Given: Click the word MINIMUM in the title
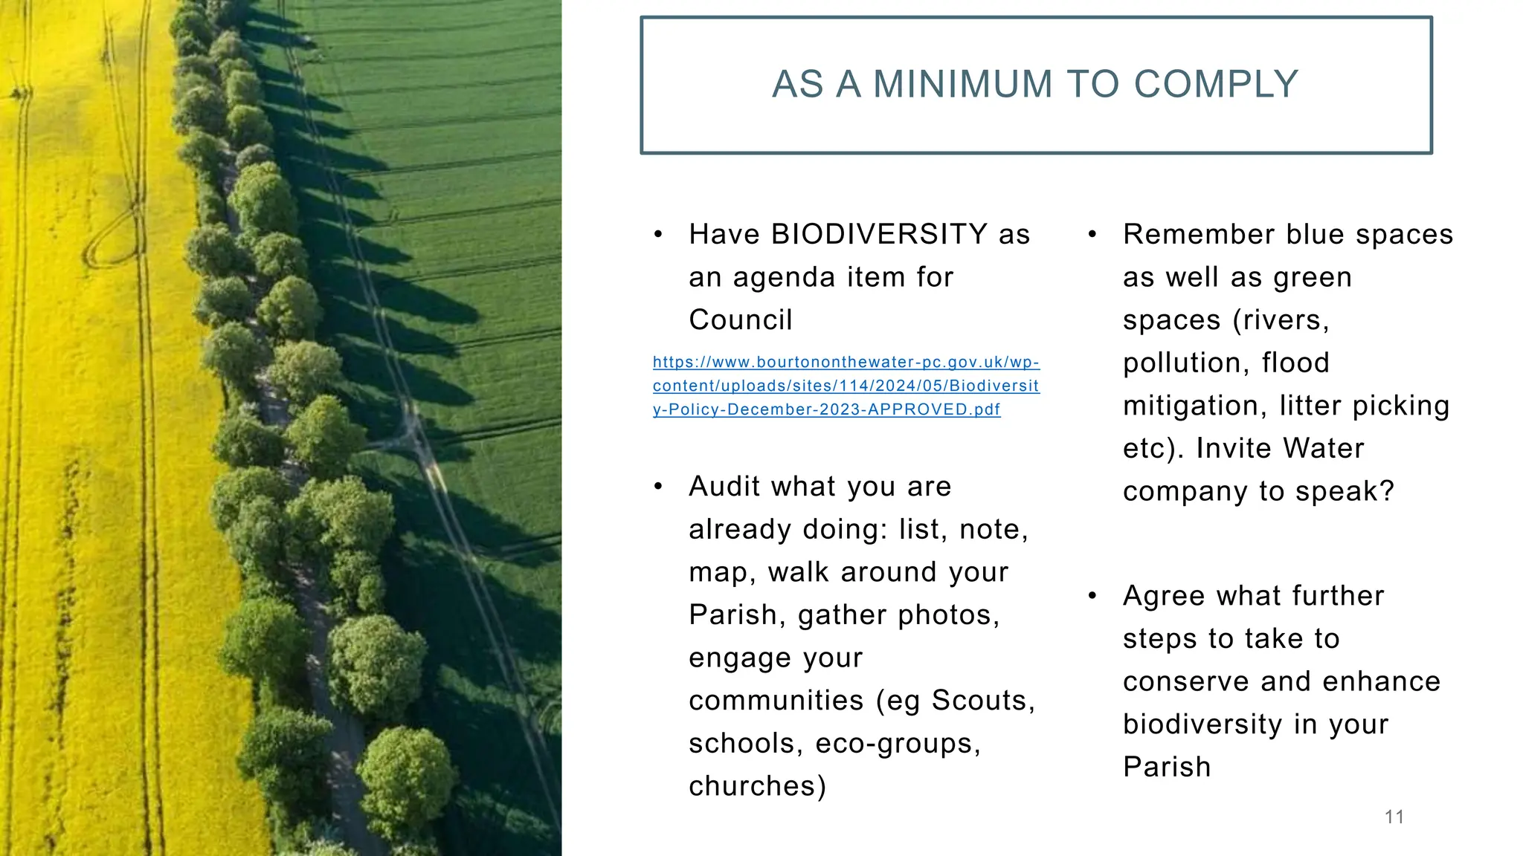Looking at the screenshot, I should (x=963, y=84).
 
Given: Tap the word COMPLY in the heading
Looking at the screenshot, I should (x=1216, y=84).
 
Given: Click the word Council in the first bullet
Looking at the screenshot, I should (x=740, y=320).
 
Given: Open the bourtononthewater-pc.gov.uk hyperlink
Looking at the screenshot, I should (x=846, y=386).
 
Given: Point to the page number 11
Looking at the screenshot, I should (x=1394, y=817).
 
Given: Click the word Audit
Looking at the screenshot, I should (x=724, y=487).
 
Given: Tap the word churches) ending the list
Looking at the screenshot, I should (x=757, y=786).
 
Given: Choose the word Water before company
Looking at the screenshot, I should (x=1323, y=449).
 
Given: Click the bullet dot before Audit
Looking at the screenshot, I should (x=658, y=487).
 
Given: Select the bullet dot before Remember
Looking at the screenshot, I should (x=1092, y=236).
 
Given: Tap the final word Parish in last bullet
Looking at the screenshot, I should (x=1167, y=768).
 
